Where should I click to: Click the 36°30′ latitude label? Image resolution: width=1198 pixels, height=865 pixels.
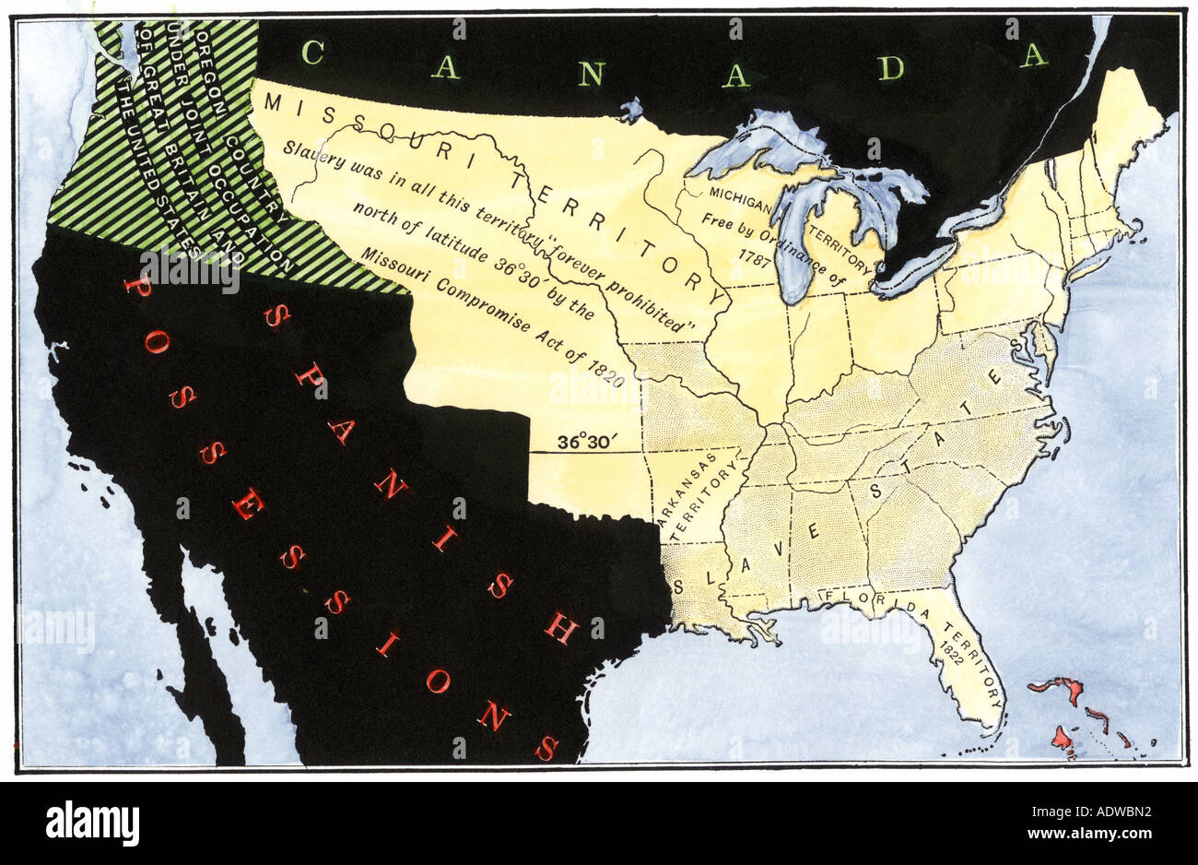tap(583, 442)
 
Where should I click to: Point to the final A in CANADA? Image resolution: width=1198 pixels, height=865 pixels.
tap(1034, 56)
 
